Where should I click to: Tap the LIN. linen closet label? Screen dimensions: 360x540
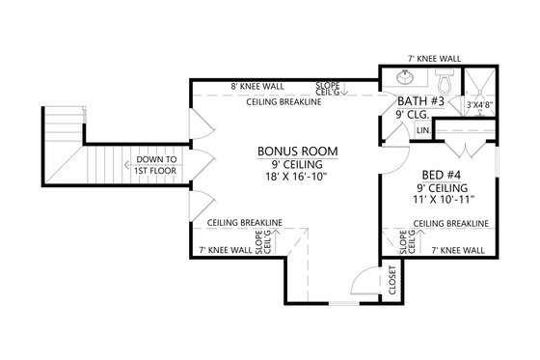click(x=422, y=127)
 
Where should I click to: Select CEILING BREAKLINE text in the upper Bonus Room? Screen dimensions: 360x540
click(x=283, y=101)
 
